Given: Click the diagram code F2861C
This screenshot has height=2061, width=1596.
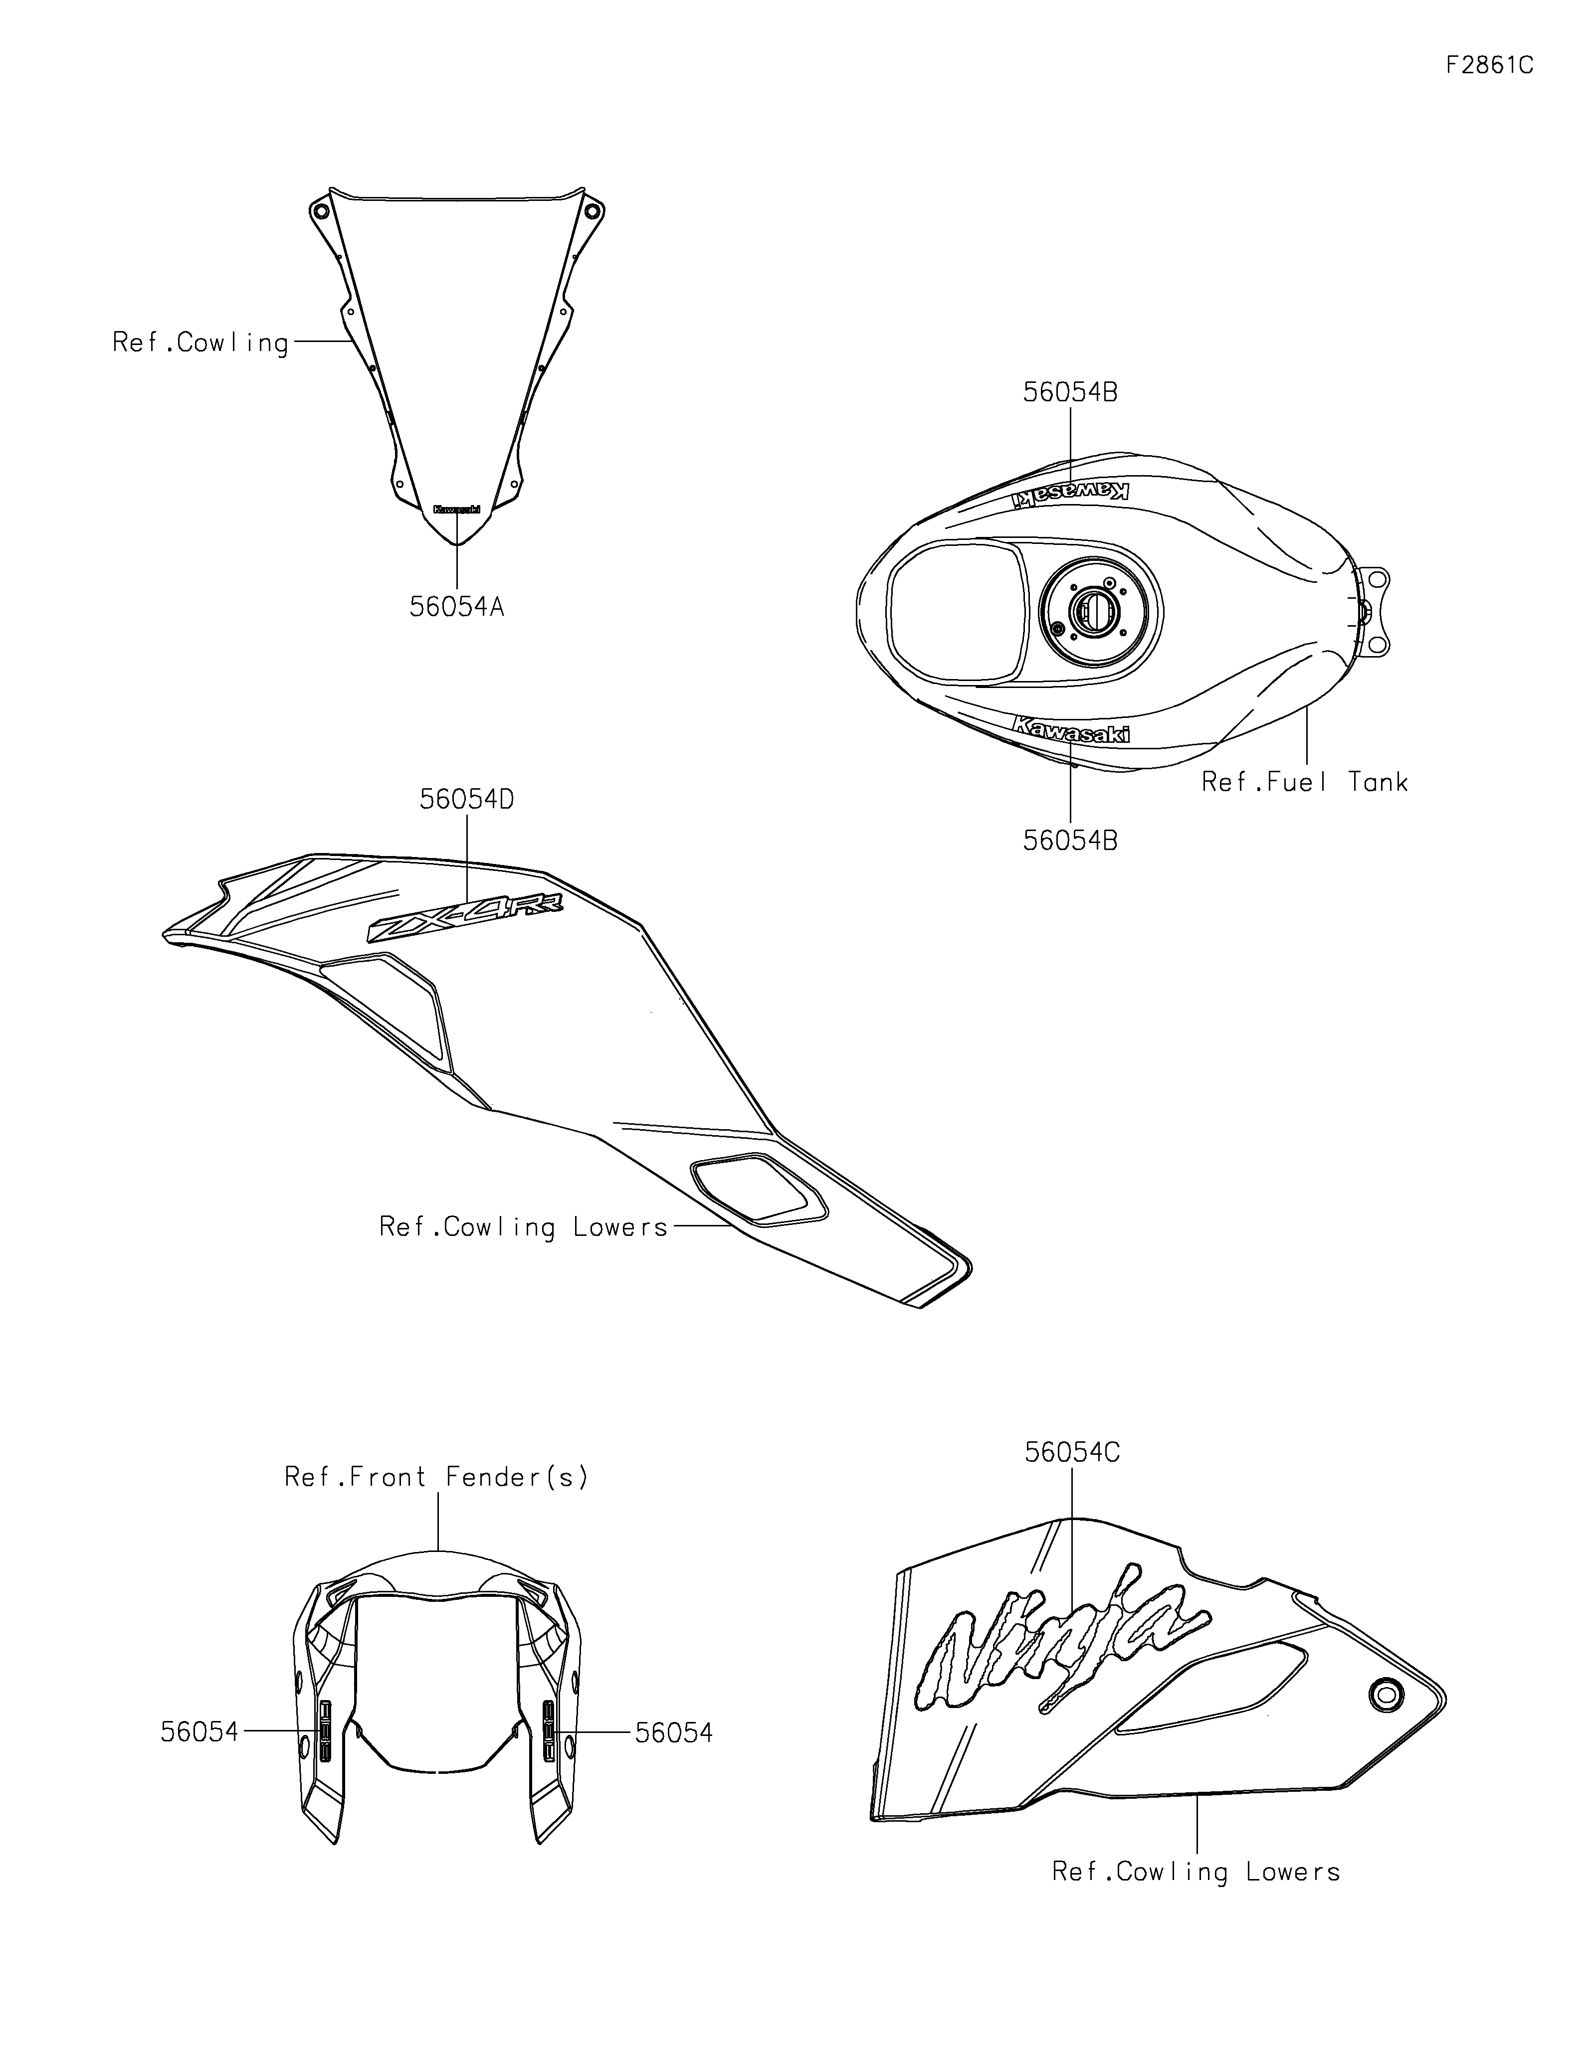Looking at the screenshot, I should (1488, 65).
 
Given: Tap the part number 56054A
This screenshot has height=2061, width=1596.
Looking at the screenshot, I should (457, 607).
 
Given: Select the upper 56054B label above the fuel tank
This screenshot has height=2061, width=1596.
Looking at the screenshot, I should (1070, 392).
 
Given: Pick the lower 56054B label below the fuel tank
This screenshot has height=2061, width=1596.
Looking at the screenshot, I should (1070, 840).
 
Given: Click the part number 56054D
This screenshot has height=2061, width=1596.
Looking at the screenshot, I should (467, 799).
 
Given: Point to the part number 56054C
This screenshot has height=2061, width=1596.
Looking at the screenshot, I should (1072, 1452).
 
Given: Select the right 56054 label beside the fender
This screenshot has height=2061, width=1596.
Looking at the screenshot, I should (674, 1732).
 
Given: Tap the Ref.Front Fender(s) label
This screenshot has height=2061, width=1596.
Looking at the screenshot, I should (437, 1477).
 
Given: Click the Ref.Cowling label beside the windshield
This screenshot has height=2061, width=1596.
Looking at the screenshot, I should (200, 343).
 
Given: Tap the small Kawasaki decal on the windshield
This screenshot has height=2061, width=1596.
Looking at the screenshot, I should (457, 509).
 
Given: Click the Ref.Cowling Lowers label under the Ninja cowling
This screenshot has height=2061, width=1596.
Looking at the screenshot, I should (1196, 1872).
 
